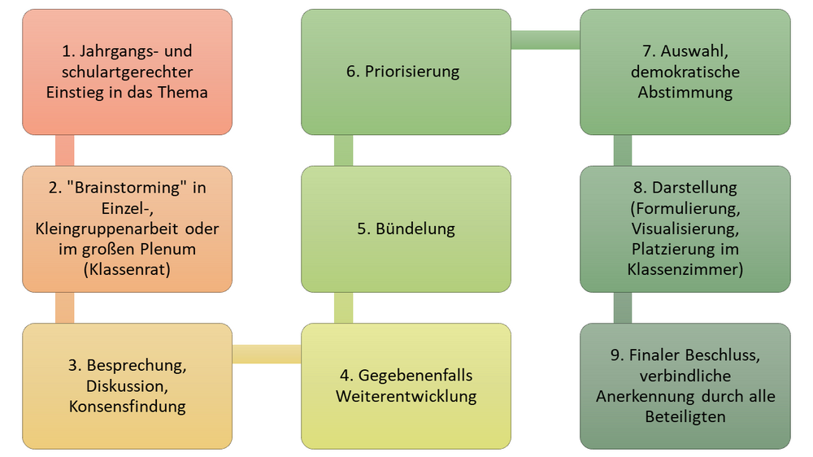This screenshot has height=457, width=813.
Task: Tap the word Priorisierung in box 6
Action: (413, 72)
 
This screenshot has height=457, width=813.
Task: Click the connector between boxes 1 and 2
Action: (64, 150)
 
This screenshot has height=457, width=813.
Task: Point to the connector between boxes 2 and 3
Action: (64, 307)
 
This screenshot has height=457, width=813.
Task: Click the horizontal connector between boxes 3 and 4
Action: (267, 354)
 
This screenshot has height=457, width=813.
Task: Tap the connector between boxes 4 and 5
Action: (343, 307)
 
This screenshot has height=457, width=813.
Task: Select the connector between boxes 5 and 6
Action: (343, 150)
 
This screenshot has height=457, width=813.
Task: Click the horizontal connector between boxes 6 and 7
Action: (545, 39)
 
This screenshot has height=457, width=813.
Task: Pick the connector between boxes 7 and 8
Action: (622, 150)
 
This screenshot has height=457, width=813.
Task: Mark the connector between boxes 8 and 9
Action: (622, 307)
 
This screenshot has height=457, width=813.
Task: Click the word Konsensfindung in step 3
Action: (128, 406)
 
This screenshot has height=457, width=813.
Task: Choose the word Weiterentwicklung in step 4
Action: (406, 397)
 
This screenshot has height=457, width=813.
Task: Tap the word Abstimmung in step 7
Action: (685, 92)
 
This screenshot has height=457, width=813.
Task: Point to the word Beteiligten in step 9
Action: (685, 417)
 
